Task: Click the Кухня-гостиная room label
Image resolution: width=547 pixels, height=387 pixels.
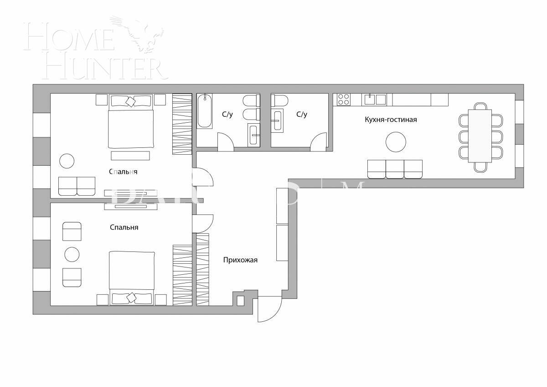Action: (391, 120)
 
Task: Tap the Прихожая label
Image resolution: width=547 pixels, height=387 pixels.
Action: (240, 260)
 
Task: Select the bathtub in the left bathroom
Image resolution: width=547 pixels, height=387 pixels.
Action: (205, 110)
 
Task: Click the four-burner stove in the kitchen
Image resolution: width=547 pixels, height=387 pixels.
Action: (344, 99)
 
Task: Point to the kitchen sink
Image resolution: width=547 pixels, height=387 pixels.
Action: (370, 99)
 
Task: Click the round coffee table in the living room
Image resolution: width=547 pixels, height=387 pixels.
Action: (396, 142)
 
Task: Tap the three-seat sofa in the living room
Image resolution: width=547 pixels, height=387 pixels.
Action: (395, 169)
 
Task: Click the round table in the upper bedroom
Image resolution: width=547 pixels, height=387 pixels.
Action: (67, 161)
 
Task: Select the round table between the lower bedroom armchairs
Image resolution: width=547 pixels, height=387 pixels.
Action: (72, 254)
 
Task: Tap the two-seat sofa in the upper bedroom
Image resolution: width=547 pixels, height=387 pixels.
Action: (77, 186)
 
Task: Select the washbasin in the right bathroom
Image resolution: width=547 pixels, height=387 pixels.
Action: (278, 121)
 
